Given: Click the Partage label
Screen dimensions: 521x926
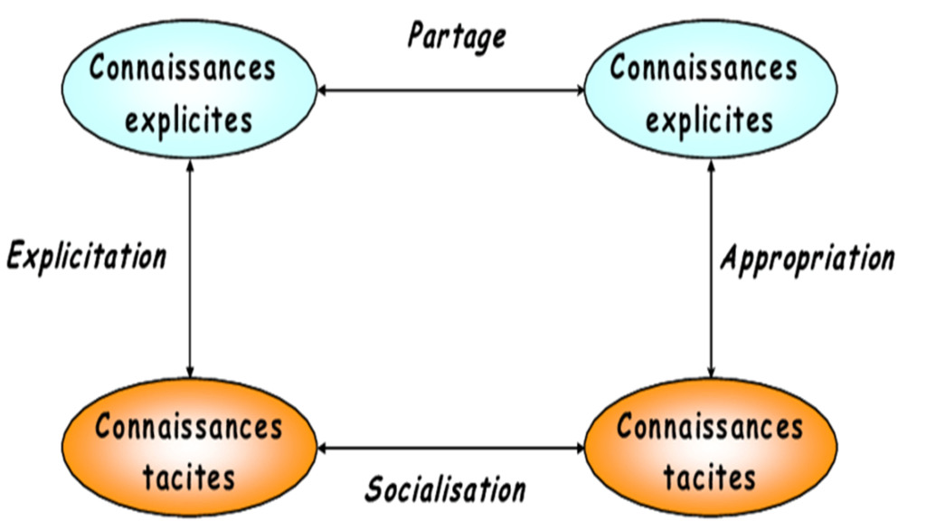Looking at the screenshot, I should (456, 35).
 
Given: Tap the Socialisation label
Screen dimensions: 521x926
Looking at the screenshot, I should (445, 489).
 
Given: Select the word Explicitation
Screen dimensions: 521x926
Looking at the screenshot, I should (87, 255).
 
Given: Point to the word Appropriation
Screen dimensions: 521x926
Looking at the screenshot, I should (807, 258).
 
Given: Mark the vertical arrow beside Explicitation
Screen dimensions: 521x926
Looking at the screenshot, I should (190, 271).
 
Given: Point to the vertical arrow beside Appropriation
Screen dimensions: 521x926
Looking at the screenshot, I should (711, 271).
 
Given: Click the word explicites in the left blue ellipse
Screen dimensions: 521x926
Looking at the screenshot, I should (189, 118).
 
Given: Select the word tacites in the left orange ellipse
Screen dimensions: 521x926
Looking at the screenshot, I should (189, 476).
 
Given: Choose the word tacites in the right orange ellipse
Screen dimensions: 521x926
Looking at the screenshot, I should (709, 476).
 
